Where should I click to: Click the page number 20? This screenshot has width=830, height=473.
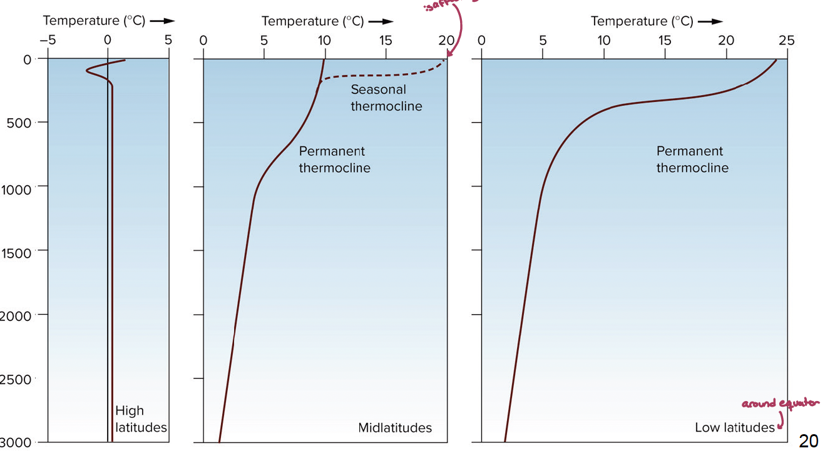(808, 441)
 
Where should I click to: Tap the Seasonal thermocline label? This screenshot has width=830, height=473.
(386, 98)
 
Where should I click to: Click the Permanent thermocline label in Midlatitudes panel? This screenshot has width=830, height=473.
(334, 160)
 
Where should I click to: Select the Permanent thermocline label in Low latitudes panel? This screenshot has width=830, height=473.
(692, 160)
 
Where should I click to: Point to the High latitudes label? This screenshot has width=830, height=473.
(140, 419)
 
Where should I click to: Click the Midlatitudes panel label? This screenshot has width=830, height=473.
(395, 428)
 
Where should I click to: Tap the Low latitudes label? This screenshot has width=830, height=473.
(734, 428)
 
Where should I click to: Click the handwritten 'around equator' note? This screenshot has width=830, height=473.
(780, 404)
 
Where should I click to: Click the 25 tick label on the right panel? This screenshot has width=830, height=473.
(786, 41)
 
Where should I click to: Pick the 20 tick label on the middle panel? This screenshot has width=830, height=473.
(446, 41)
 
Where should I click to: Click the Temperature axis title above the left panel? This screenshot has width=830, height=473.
(94, 21)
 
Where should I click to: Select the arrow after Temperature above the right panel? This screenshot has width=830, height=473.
(710, 21)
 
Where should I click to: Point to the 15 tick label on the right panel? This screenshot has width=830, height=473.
(664, 41)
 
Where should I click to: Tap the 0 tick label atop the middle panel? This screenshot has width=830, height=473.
(203, 41)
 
